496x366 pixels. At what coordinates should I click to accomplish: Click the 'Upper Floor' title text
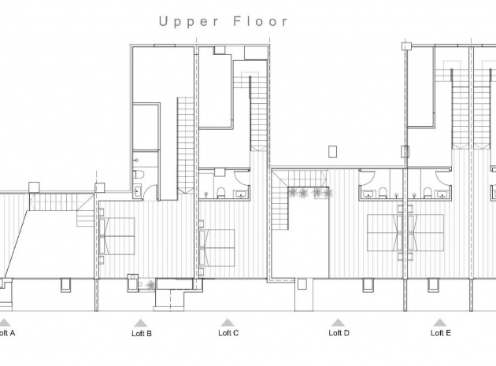click(x=224, y=21)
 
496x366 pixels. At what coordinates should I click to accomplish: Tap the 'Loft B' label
click(x=141, y=334)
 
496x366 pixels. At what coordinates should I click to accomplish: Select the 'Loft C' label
click(x=228, y=333)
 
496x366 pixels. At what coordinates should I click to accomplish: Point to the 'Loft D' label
click(x=339, y=333)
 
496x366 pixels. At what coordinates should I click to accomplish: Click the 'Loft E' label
click(x=440, y=333)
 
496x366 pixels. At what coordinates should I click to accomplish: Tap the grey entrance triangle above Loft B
click(x=140, y=322)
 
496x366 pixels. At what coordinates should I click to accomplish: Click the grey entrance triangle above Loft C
click(x=228, y=322)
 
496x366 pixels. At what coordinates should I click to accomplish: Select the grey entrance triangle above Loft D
click(x=339, y=322)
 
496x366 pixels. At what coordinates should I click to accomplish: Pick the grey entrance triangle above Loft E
click(x=439, y=322)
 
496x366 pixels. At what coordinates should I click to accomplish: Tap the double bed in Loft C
click(x=218, y=246)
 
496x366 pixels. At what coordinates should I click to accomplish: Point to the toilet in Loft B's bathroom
click(x=137, y=175)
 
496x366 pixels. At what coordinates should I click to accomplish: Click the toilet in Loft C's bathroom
click(x=221, y=194)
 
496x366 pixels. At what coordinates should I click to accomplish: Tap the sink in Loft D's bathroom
click(x=367, y=193)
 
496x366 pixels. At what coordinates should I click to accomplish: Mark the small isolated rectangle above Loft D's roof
click(x=331, y=150)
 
